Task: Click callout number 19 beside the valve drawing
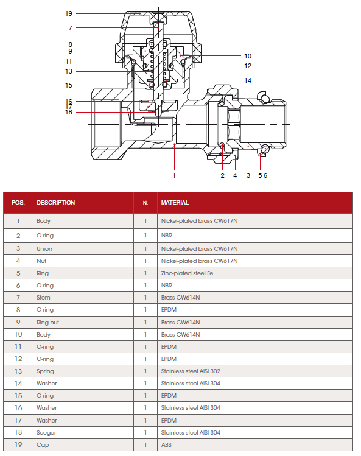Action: (x=69, y=13)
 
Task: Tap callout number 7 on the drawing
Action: (x=70, y=28)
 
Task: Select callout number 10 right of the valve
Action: (x=248, y=56)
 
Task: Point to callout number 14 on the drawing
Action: (x=248, y=80)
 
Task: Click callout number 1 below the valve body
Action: (x=174, y=175)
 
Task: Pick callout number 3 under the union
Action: (x=248, y=175)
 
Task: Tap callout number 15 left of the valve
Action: (x=69, y=85)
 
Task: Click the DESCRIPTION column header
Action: (x=56, y=202)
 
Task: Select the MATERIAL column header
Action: (x=175, y=202)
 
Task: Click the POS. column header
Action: (x=18, y=202)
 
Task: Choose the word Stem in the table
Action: (x=43, y=298)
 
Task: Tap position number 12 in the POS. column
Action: (x=18, y=359)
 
